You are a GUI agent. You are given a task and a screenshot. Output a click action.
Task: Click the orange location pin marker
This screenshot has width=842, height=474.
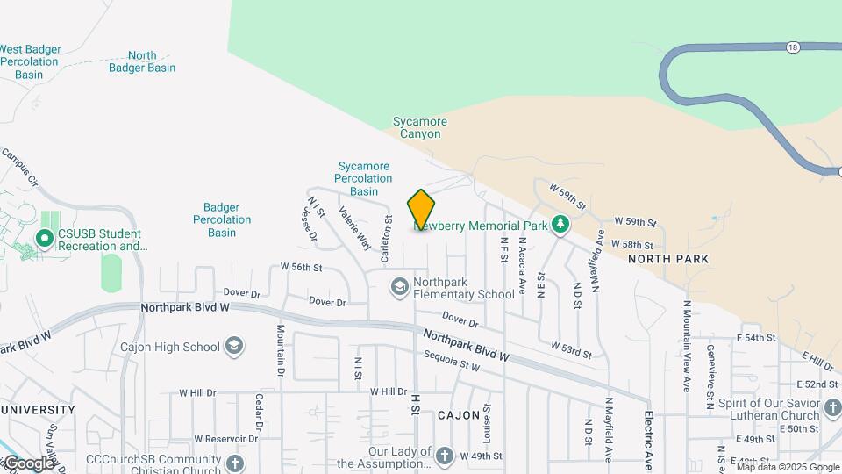point(421,211)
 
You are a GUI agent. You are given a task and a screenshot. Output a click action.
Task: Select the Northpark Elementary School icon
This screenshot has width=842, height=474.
point(400,287)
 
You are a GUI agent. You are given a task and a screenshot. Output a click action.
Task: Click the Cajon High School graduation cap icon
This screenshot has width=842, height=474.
point(234,346)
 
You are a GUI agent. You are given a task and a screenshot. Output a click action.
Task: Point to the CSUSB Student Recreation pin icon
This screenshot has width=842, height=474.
point(45,238)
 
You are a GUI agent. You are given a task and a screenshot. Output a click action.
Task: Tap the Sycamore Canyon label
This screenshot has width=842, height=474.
point(420,128)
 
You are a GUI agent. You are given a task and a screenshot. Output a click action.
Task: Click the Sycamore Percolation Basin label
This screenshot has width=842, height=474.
point(364,178)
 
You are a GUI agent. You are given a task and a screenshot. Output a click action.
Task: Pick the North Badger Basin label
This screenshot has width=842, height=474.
point(142,61)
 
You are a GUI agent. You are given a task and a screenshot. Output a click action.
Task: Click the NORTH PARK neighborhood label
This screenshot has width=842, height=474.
point(668,259)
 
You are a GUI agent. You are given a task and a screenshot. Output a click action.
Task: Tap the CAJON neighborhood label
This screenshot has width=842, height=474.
point(459,414)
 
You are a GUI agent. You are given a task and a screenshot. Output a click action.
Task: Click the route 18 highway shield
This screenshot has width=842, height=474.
point(793,47)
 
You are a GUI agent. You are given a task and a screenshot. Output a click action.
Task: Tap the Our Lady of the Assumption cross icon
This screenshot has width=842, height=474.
point(445,456)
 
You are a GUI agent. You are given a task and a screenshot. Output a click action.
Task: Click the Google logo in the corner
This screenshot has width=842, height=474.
point(28,463)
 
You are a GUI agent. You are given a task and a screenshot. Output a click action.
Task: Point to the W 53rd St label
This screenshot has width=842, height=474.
point(572,349)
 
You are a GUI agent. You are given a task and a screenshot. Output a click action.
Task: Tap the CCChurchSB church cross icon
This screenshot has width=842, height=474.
point(234,463)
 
